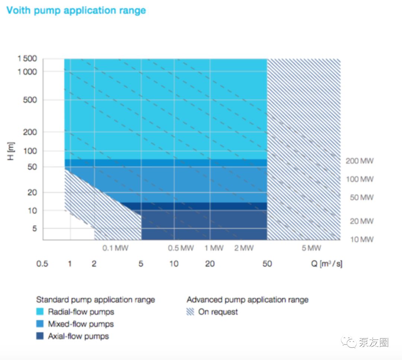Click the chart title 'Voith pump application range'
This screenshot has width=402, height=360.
coord(76,10)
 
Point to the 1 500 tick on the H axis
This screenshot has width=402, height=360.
coord(27,59)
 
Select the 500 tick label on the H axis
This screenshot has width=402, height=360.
coord(29,100)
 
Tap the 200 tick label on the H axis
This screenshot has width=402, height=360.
coord(29,132)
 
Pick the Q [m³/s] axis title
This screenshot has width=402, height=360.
coord(327,264)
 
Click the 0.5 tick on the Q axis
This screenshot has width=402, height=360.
coord(42,264)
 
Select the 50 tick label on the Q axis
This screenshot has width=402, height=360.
coord(267,264)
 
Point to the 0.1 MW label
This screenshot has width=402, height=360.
coord(115,248)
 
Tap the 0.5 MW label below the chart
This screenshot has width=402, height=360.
coord(181,248)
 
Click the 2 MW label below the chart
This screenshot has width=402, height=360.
coord(244,248)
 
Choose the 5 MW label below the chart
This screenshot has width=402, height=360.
coord(311,248)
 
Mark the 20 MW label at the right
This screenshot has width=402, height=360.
coord(361,221)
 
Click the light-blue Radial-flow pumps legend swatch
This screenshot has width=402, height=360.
coord(40,312)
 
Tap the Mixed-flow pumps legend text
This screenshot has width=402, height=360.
coord(81,324)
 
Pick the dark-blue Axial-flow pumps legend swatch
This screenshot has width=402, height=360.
coord(40,336)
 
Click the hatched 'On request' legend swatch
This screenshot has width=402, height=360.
coord(190,312)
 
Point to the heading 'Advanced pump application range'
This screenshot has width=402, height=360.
coord(248,299)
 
